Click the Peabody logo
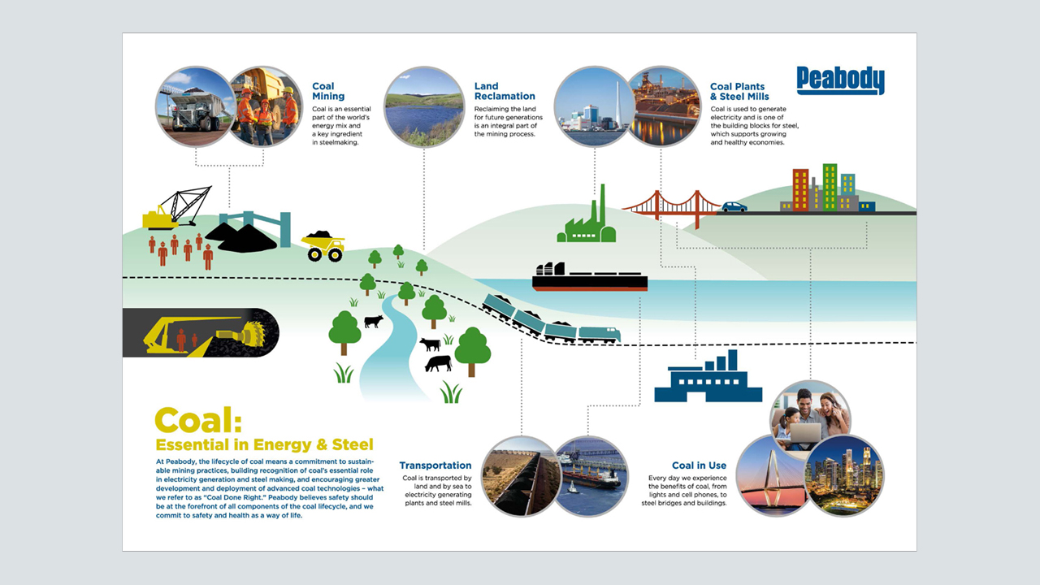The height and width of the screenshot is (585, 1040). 840,80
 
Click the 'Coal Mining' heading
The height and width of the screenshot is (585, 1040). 328,91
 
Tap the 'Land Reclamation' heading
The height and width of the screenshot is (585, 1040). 505,91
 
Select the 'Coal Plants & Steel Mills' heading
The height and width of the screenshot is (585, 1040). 739,92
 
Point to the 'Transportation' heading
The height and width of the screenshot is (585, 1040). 435,466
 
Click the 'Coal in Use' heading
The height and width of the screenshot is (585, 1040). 700,466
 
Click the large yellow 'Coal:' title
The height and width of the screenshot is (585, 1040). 198,420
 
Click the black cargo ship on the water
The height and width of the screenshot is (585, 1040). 590,277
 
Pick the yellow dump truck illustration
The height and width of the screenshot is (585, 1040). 323,246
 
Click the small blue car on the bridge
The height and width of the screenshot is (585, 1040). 734,206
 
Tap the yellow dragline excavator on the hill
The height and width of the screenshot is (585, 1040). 177,208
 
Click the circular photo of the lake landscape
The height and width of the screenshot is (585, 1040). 424,106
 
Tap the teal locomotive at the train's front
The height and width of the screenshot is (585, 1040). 600,335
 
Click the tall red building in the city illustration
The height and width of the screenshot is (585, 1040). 801,190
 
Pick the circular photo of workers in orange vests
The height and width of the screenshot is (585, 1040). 265,106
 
